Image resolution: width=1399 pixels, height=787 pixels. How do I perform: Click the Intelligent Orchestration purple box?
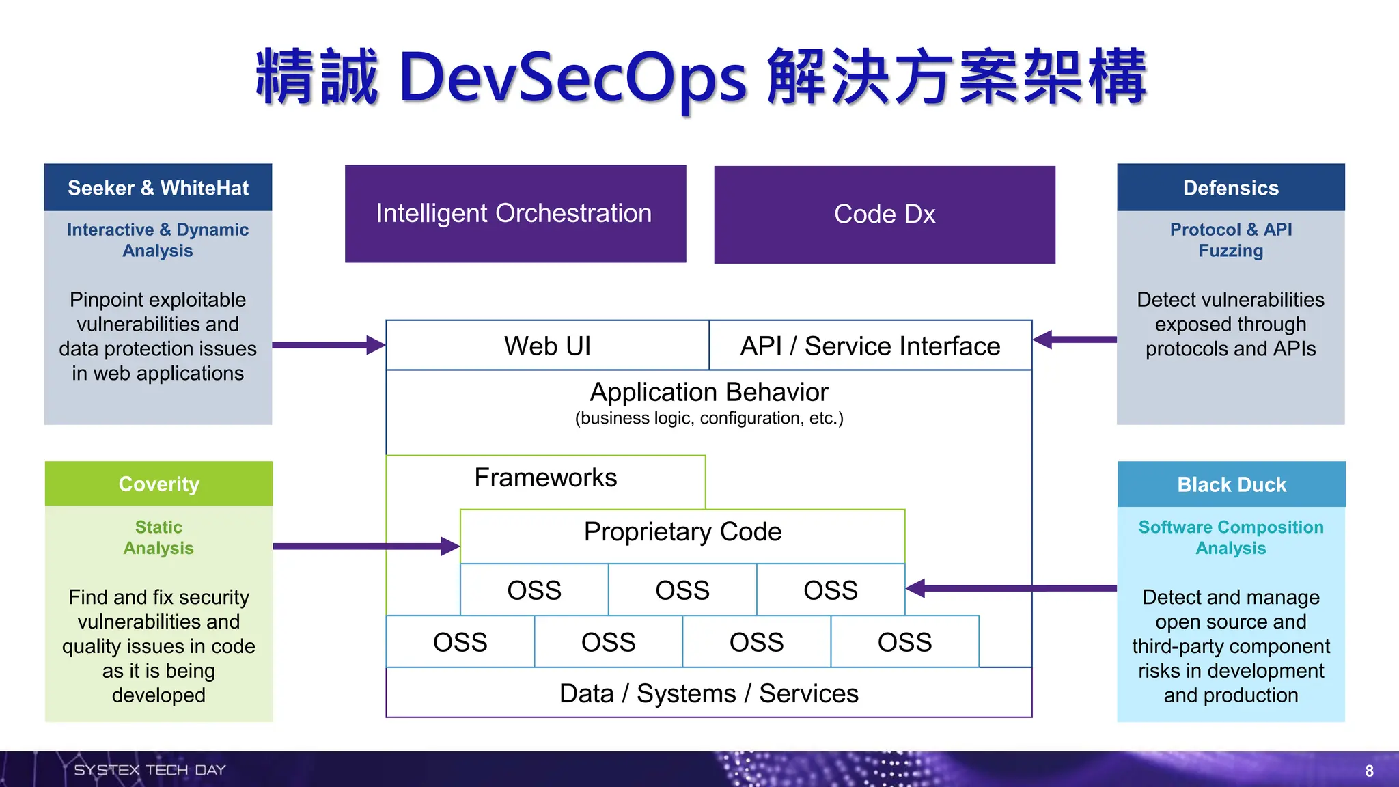click(x=515, y=214)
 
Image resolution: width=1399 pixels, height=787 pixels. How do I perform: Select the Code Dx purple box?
click(x=885, y=215)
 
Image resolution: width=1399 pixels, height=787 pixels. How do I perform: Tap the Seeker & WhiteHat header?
click(x=158, y=188)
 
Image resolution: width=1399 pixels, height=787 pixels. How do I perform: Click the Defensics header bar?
click(x=1230, y=188)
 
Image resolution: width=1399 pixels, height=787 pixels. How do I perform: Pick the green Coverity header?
click(x=158, y=484)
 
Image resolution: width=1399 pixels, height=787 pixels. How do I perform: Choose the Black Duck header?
click(x=1231, y=484)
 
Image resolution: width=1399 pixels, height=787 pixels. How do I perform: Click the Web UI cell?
click(x=547, y=346)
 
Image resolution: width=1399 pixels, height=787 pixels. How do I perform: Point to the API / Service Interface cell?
click(x=870, y=346)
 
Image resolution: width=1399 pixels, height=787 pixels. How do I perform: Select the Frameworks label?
click(x=545, y=478)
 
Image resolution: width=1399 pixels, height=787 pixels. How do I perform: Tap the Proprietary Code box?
click(x=682, y=532)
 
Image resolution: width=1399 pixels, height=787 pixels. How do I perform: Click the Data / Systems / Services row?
click(x=708, y=693)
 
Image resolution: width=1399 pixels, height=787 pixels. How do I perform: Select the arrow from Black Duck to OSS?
click(x=1011, y=588)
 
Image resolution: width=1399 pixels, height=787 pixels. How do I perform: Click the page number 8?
click(x=1369, y=771)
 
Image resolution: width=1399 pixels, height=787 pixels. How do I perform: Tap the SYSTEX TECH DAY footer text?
click(x=150, y=770)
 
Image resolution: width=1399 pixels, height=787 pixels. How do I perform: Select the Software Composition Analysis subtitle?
click(x=1230, y=538)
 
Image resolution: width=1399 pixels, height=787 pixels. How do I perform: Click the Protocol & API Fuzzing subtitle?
click(x=1230, y=240)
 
